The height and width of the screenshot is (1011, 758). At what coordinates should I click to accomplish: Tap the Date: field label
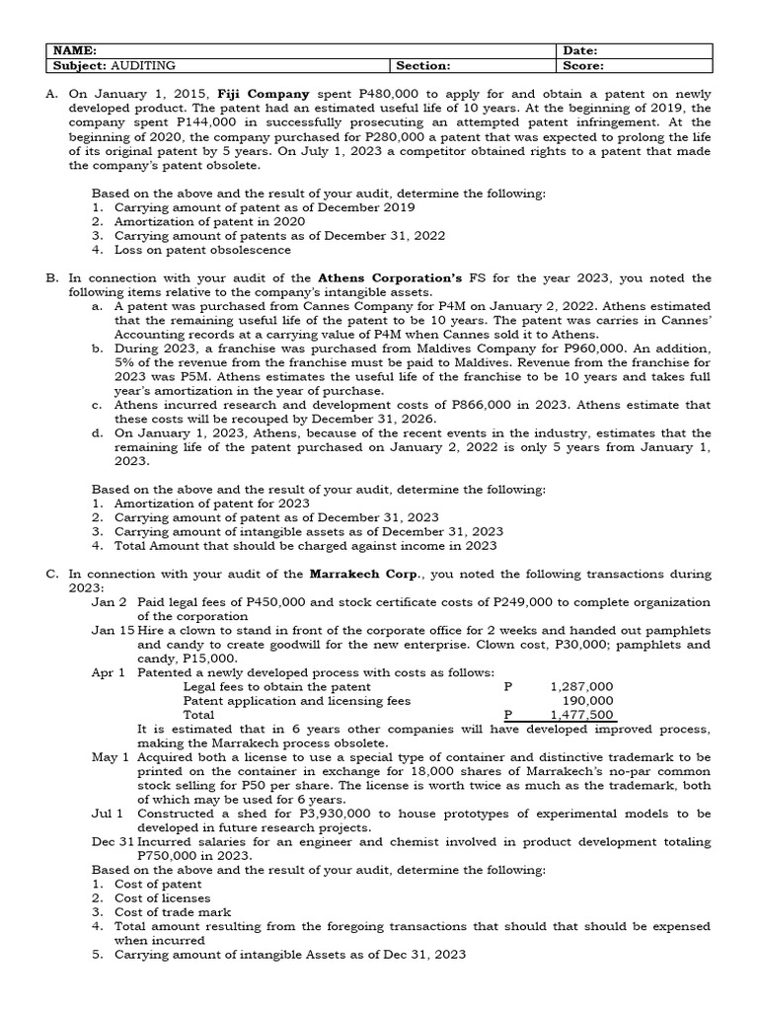(x=581, y=50)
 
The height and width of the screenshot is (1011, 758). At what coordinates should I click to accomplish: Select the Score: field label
(x=583, y=65)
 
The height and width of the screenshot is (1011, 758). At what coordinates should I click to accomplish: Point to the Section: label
(x=423, y=65)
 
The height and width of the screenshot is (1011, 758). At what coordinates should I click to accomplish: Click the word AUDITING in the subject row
(x=144, y=65)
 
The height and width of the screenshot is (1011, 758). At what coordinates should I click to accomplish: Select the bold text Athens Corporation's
(x=391, y=278)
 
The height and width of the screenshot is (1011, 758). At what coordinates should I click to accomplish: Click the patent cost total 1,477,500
(x=581, y=714)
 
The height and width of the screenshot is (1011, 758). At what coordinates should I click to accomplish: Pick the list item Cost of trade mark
(x=173, y=912)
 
